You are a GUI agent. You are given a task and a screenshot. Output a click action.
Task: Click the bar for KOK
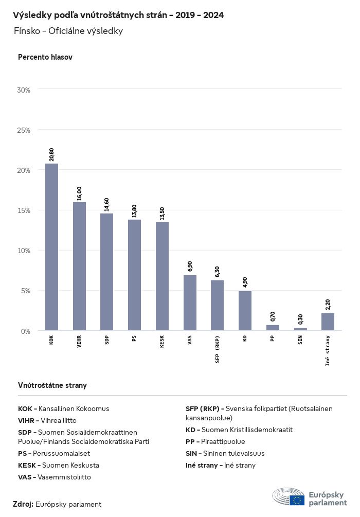[x=51, y=247]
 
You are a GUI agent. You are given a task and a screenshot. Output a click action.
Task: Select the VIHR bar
[x=79, y=266]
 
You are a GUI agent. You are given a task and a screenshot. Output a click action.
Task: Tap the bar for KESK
[x=162, y=276]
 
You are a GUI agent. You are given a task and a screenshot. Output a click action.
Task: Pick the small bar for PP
[x=273, y=327]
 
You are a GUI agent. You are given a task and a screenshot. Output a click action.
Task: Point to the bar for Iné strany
[x=328, y=322]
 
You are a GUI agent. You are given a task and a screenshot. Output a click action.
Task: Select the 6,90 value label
[x=190, y=266]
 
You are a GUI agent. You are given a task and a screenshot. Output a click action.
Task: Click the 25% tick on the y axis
[x=24, y=130]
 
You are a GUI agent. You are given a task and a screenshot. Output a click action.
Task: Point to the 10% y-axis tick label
[x=24, y=251]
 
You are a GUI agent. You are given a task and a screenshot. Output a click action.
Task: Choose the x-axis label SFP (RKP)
[x=218, y=350]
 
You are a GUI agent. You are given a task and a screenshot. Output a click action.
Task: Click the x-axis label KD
[x=245, y=340]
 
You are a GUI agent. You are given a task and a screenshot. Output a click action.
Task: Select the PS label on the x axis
[x=134, y=340]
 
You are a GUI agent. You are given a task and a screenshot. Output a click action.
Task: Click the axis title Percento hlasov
[x=45, y=57]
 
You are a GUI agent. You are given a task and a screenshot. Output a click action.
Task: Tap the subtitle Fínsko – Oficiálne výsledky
[x=68, y=31]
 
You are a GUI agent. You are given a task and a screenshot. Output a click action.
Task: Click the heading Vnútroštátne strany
[x=52, y=385]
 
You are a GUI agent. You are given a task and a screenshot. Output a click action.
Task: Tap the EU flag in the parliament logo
[x=297, y=500]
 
